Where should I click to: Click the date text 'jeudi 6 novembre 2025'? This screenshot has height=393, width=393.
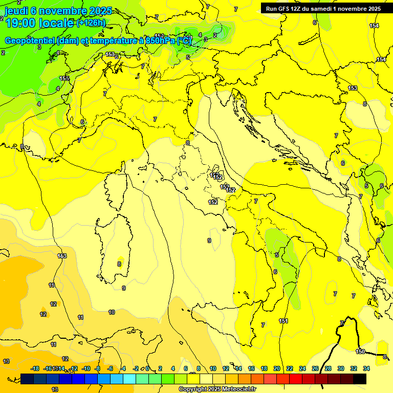pyautogui.click(x=57, y=11)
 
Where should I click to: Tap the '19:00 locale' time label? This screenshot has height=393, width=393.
pyautogui.click(x=39, y=23)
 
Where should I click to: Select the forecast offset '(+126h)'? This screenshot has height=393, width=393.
pyautogui.click(x=91, y=23)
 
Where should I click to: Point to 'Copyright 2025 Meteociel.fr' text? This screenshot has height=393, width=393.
pyautogui.click(x=217, y=389)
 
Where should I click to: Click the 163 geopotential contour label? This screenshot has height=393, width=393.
pyautogui.click(x=62, y=256)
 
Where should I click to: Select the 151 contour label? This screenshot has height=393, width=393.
pyautogui.click(x=283, y=321)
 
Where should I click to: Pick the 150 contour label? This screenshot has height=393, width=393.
pyautogui.click(x=360, y=352)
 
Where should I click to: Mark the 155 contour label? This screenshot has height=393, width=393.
pyautogui.click(x=64, y=78)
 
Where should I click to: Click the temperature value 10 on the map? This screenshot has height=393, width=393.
pyautogui.click(x=112, y=312)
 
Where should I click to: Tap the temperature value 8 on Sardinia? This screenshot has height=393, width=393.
pyautogui.click(x=119, y=264)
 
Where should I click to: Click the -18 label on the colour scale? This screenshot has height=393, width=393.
pyautogui.click(x=35, y=368)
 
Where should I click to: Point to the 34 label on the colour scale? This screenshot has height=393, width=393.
pyautogui.click(x=366, y=368)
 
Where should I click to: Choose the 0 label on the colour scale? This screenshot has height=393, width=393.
pyautogui.click(x=147, y=368)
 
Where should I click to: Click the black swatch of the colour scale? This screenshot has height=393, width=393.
pyautogui.click(x=360, y=379)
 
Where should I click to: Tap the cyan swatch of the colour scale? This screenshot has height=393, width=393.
pyautogui.click(x=129, y=379)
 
